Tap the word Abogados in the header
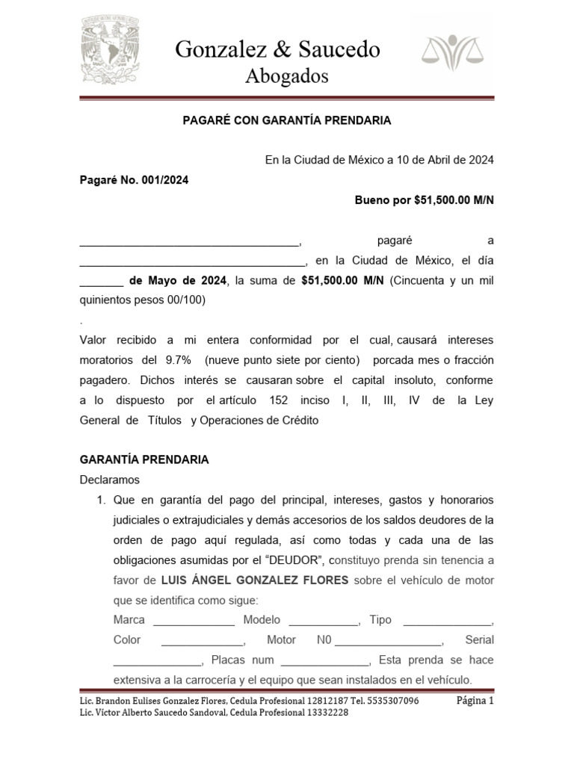(287, 75)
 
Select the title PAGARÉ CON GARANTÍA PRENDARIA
(287, 120)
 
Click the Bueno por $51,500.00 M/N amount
(424, 200)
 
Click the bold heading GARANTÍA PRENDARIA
(144, 459)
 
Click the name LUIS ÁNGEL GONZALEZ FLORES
(255, 580)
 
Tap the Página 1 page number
(475, 701)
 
